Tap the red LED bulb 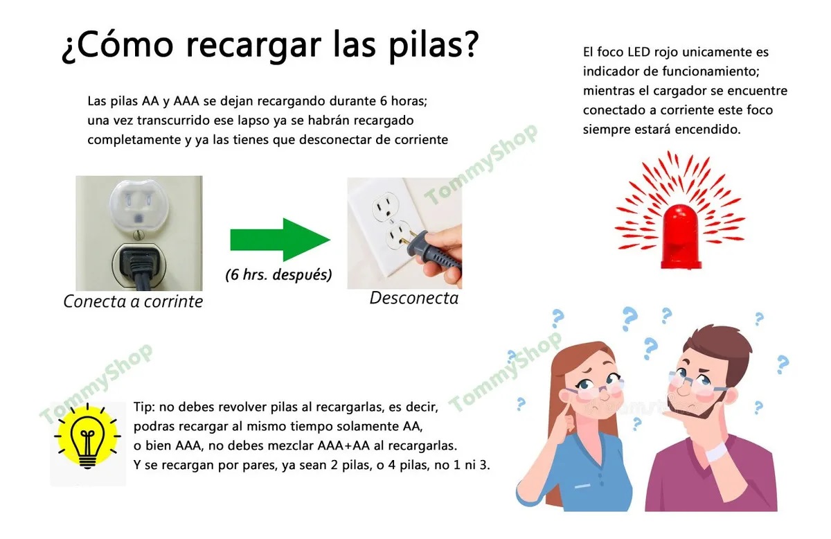coord(682,236)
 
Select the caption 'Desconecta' coord(413,298)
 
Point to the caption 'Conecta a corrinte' coord(133,301)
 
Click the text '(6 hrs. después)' coord(278,274)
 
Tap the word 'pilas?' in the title coord(436,46)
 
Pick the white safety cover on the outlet coord(138,205)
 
